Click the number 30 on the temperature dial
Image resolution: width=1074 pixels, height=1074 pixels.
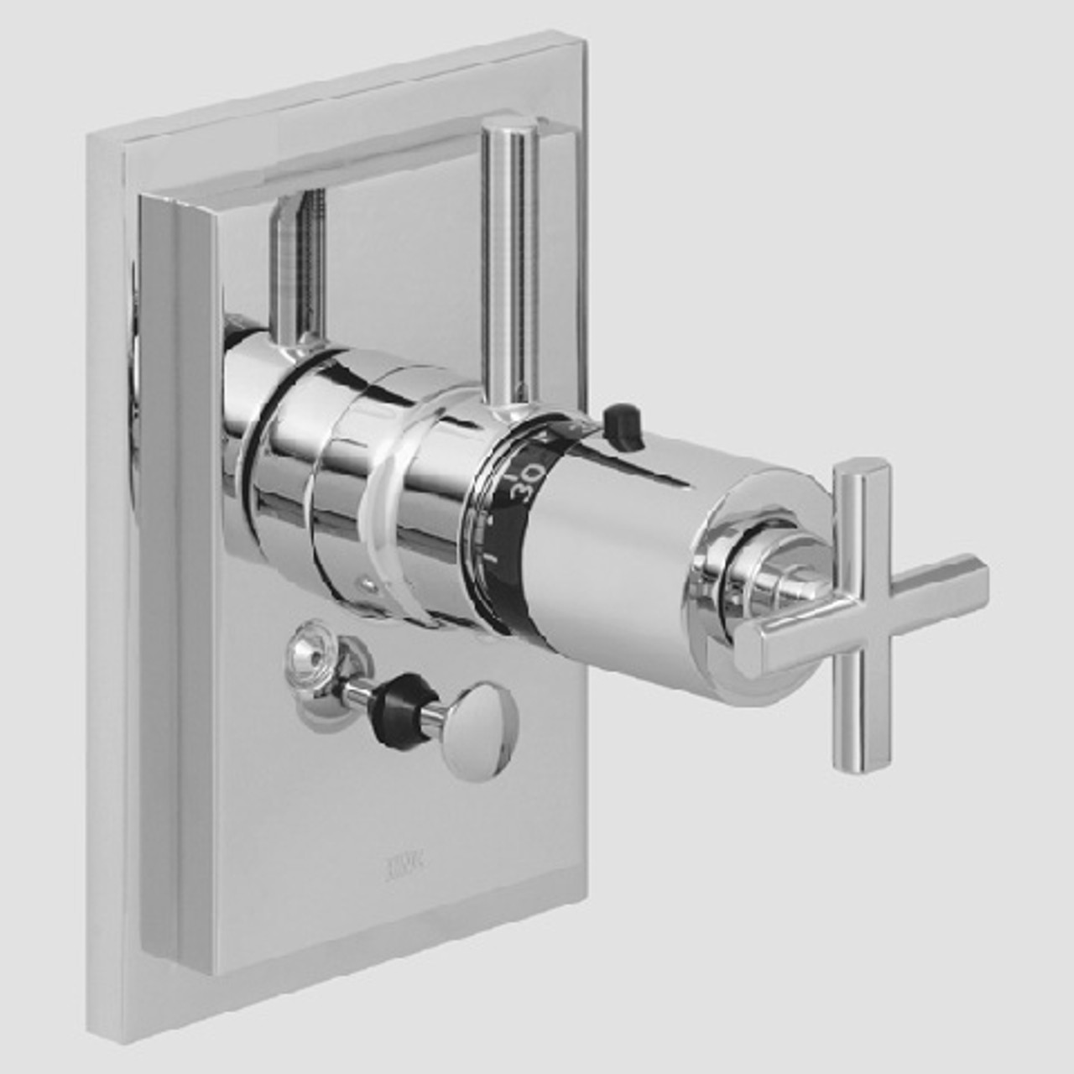tap(524, 484)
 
